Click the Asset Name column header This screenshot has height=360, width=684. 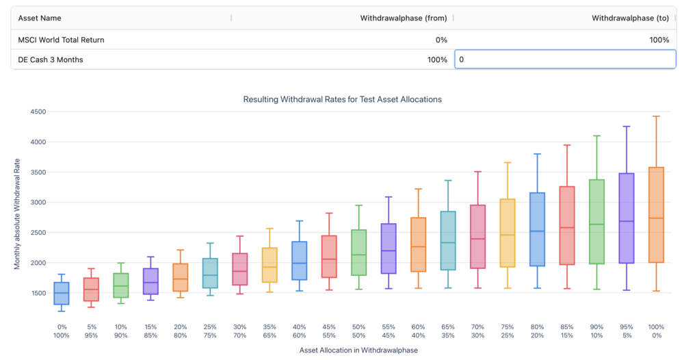point(41,18)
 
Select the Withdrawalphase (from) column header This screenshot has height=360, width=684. point(403,18)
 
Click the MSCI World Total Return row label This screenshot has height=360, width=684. point(61,40)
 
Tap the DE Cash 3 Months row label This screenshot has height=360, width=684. point(51,60)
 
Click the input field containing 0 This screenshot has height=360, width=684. point(565,60)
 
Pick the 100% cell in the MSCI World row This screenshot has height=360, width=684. point(659,40)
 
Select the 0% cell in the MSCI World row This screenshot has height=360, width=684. point(441,40)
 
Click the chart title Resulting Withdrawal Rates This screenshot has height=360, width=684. point(342,99)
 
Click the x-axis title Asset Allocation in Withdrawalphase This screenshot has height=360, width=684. point(358,350)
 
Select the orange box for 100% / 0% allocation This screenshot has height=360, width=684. point(656,214)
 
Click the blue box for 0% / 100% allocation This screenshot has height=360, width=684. point(62,293)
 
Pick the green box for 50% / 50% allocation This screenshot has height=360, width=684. point(358,253)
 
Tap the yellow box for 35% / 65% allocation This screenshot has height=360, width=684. point(269,265)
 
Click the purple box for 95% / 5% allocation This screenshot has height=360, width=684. point(627,218)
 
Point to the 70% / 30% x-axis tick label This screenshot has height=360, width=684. point(477,331)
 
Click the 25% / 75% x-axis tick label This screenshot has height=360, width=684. point(210,331)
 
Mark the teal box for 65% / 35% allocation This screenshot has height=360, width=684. point(448,240)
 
